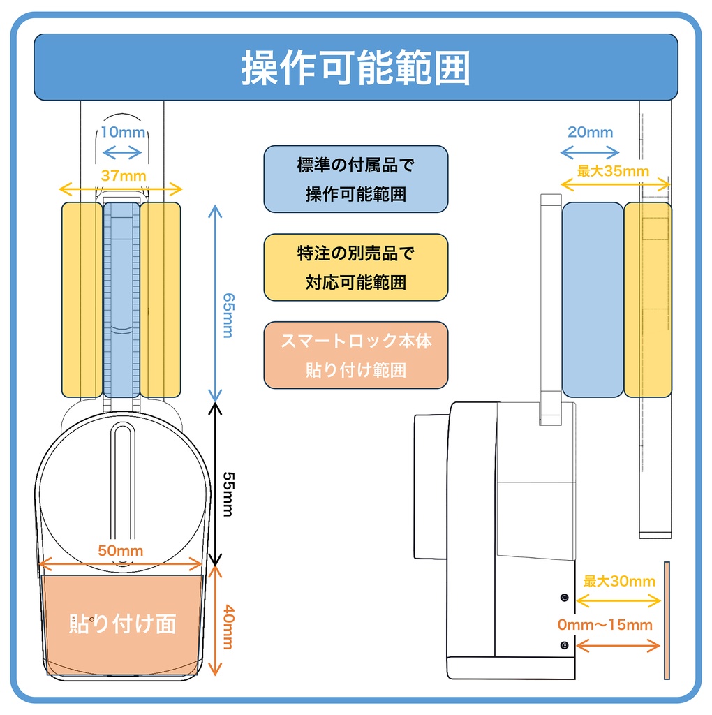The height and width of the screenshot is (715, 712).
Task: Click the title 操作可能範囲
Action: tap(356, 68)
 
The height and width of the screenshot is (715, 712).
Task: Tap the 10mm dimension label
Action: tap(122, 133)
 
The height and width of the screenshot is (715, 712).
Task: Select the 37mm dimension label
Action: tap(124, 176)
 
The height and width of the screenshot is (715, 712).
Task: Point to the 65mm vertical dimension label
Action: tap(226, 315)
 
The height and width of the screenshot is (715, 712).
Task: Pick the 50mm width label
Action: tap(120, 550)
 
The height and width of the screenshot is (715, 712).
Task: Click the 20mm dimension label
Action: tap(590, 132)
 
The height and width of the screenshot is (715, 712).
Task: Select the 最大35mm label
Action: tap(613, 171)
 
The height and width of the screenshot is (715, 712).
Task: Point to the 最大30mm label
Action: tap(619, 581)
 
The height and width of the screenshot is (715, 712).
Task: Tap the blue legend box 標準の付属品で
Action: tap(355, 179)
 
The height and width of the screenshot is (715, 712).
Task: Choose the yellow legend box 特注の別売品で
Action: tap(355, 267)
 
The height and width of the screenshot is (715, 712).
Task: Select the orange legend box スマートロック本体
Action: tap(355, 355)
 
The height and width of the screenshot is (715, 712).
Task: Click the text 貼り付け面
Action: tap(122, 623)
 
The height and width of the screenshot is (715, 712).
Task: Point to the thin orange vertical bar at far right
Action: tap(667, 619)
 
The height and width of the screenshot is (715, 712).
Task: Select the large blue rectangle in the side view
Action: tap(592, 300)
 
